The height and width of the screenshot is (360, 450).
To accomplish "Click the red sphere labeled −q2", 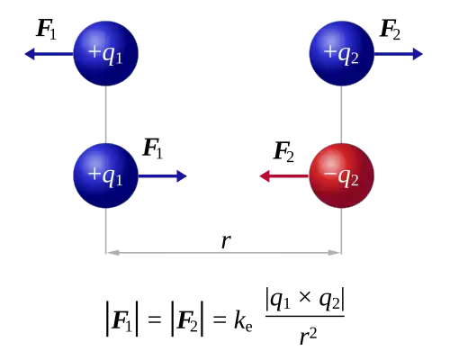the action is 342,175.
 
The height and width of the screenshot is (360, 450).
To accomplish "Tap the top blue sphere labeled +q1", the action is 106,53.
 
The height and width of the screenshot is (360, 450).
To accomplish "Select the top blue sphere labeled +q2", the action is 342,53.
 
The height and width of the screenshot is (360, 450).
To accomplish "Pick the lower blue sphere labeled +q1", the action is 106,175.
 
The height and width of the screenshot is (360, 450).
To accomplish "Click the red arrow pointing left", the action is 284,176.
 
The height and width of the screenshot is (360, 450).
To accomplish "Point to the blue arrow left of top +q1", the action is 49,54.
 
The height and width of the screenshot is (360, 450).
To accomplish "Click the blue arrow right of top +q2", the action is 399,54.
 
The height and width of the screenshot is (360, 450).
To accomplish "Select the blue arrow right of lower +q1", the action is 163,176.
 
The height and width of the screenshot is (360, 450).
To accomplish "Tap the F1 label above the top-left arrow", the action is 46,29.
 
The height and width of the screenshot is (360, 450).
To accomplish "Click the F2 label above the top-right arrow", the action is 390,29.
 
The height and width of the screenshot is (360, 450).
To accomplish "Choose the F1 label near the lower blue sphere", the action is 153,148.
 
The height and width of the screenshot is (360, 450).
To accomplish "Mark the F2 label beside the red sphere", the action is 283,152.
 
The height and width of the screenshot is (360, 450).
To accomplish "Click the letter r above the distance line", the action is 226,241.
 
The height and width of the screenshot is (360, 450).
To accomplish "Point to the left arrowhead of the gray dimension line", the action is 112,253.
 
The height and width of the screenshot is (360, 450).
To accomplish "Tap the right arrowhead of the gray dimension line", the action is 335,253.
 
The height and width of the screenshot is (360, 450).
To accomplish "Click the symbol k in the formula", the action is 239,320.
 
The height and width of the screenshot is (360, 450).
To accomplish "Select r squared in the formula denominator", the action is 309,337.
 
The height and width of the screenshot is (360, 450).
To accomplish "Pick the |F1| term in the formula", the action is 122,319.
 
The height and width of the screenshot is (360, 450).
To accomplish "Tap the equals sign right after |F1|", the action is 155,319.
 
